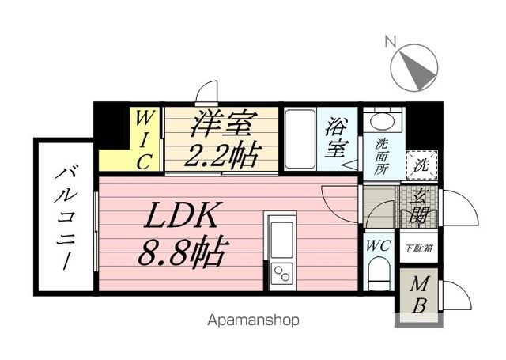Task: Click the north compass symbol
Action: [415, 66]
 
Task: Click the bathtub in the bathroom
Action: [300, 139]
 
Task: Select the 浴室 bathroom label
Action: [338, 135]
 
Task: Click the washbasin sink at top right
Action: [383, 122]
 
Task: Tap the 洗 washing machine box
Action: [422, 165]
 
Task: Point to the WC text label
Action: [377, 245]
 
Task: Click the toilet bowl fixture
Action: [378, 277]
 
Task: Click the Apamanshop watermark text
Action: [253, 320]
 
